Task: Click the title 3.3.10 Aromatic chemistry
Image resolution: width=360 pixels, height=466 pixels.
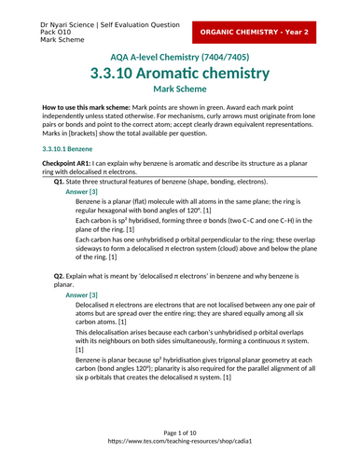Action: coord(180,73)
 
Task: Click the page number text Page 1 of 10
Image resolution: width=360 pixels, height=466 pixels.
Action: coord(180,433)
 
